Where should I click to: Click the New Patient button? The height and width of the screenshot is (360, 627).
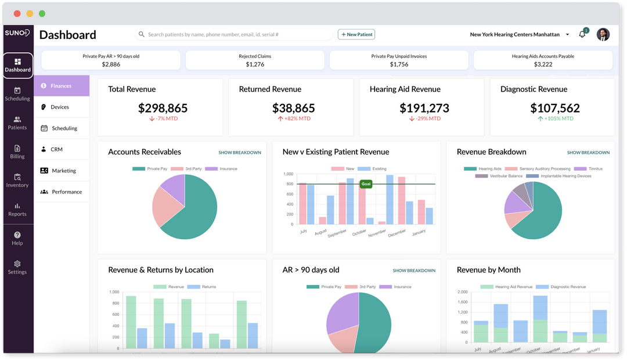click(356, 34)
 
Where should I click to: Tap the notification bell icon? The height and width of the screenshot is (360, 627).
click(582, 34)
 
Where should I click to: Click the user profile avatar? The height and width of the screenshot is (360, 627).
click(603, 34)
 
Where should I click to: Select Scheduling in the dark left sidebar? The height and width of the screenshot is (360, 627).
click(17, 94)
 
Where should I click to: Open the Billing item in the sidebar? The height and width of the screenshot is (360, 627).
click(17, 152)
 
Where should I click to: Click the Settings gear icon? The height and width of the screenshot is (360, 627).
click(17, 264)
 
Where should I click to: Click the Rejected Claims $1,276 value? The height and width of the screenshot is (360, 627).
click(255, 64)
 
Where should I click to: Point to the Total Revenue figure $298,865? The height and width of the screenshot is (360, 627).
click(163, 108)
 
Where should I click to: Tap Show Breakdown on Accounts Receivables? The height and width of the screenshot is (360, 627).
click(240, 152)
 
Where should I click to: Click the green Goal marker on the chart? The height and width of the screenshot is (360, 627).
click(366, 184)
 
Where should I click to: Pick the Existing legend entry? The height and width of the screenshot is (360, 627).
click(372, 169)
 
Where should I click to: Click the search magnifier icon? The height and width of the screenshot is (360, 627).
click(142, 34)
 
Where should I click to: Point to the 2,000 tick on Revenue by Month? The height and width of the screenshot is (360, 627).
click(462, 292)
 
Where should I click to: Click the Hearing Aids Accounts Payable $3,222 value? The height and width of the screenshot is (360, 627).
click(543, 64)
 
